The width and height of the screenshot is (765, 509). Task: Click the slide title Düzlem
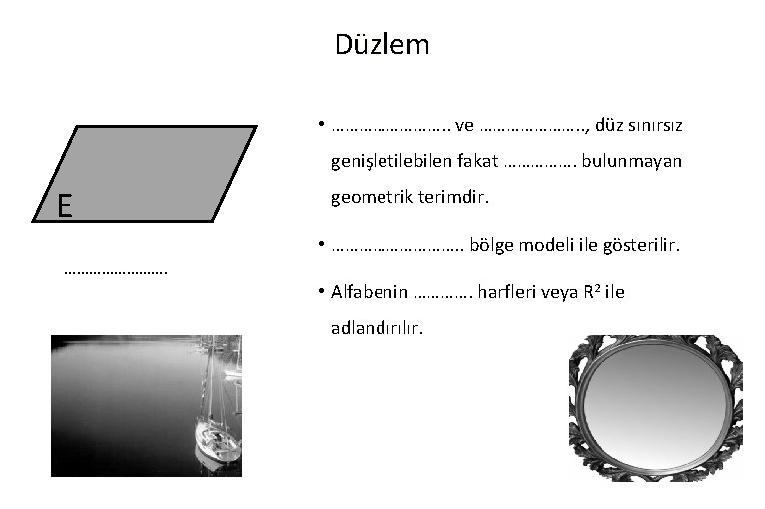[382, 45]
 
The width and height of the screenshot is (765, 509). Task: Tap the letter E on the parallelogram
[64, 206]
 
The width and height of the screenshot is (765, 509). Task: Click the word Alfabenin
[370, 291]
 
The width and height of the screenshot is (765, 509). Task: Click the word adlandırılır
[377, 326]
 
